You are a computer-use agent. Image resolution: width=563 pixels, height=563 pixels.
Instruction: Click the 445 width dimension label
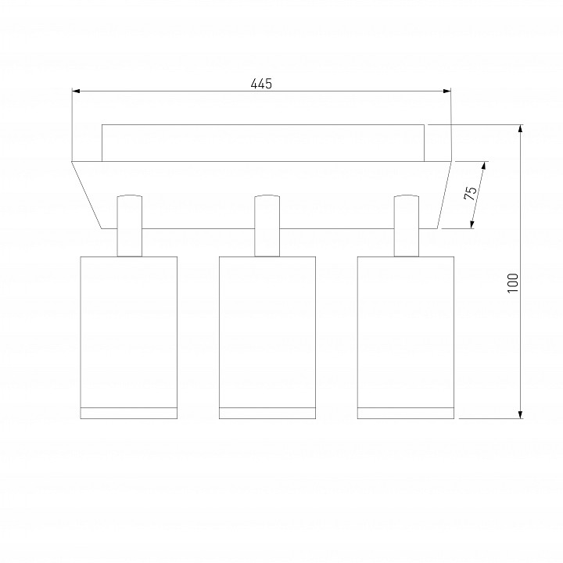point(261,84)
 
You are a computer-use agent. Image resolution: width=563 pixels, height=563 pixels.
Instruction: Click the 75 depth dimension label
point(470,194)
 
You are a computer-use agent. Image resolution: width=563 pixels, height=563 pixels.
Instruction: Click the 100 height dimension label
point(513,283)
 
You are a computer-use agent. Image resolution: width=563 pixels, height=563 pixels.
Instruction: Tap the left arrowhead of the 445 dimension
point(76,91)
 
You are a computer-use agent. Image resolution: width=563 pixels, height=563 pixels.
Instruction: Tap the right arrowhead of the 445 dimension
point(447,91)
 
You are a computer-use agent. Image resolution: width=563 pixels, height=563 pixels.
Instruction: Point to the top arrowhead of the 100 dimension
point(520,128)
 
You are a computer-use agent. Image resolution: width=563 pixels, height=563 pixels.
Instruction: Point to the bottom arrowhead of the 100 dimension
point(520,414)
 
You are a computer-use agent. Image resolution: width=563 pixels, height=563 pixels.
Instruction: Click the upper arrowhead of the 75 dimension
point(484,166)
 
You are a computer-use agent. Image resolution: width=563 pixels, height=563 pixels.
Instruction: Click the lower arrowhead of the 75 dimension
point(472,224)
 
